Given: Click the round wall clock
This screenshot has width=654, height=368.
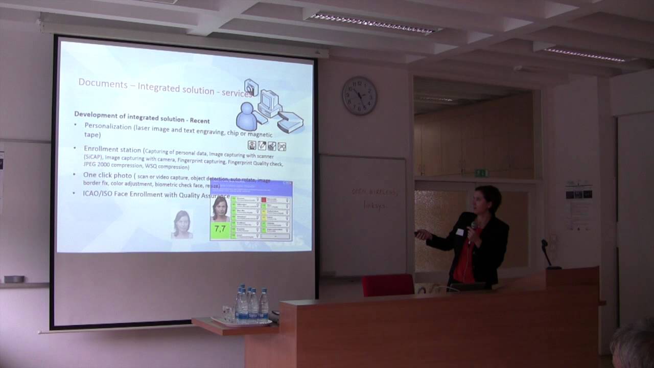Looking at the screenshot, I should click(359, 96).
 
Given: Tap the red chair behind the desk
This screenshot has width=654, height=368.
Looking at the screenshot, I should click(388, 285).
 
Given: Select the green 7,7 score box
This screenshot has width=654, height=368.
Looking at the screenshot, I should click(220, 229).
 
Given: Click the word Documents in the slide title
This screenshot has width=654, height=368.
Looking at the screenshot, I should click(103, 83).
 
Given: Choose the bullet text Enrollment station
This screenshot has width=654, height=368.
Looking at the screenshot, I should click(112, 150).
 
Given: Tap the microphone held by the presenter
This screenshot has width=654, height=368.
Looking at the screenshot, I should click(473, 225).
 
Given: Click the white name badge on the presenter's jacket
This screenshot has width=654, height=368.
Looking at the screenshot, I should click(460, 232).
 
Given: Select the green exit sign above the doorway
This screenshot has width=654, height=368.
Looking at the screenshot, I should click(481, 173).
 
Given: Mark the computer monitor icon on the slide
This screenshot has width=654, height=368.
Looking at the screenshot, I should click(269, 102).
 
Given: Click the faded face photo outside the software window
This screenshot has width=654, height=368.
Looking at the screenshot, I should click(182, 224).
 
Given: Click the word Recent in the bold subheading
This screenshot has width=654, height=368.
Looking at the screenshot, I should click(199, 120).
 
